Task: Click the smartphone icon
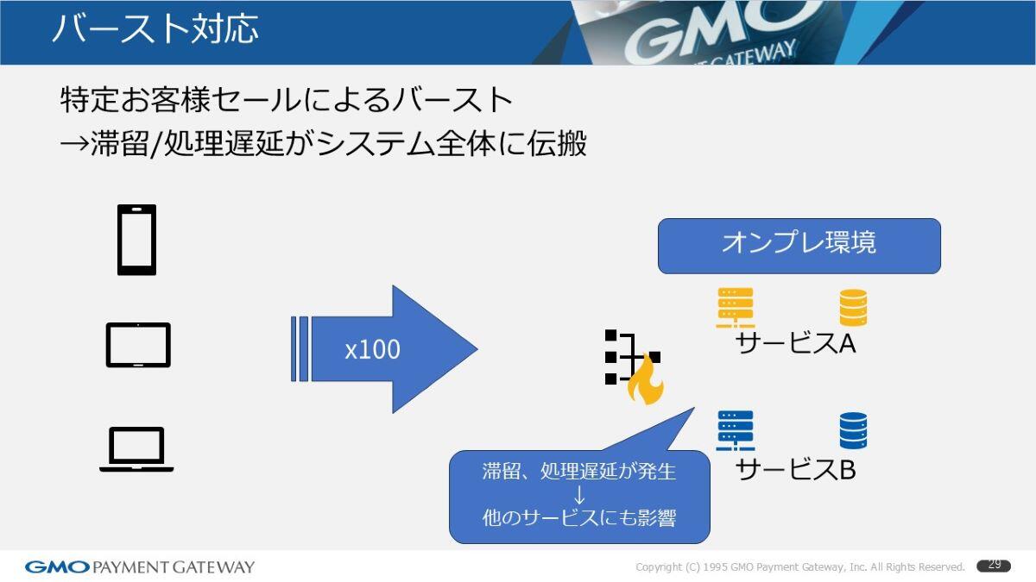pyautogui.click(x=136, y=240)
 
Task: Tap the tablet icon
pyautogui.click(x=138, y=345)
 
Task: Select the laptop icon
pyautogui.click(x=136, y=449)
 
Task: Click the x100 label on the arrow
pyautogui.click(x=372, y=350)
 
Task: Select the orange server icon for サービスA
pyautogui.click(x=736, y=308)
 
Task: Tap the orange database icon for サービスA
pyautogui.click(x=853, y=307)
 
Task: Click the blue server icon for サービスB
pyautogui.click(x=736, y=430)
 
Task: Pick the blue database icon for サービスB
pyautogui.click(x=853, y=430)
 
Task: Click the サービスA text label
pyautogui.click(x=795, y=343)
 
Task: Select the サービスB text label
pyautogui.click(x=795, y=469)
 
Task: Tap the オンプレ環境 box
pyautogui.click(x=799, y=246)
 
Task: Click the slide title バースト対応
pyautogui.click(x=155, y=28)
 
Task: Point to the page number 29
pyautogui.click(x=994, y=565)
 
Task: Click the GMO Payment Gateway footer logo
pyautogui.click(x=140, y=566)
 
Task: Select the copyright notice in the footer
pyautogui.click(x=800, y=566)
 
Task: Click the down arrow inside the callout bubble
pyautogui.click(x=579, y=495)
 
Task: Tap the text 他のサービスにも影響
pyautogui.click(x=579, y=518)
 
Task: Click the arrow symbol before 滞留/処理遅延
pyautogui.click(x=74, y=144)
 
